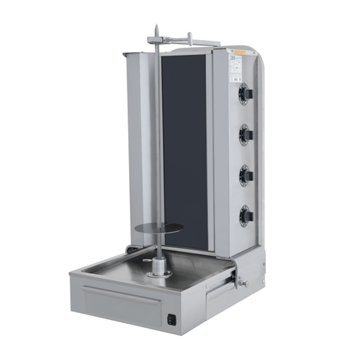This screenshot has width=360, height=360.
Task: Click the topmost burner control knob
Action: point(247,95)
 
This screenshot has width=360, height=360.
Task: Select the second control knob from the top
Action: point(247,133)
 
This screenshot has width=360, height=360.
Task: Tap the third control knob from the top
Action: point(247,173)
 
